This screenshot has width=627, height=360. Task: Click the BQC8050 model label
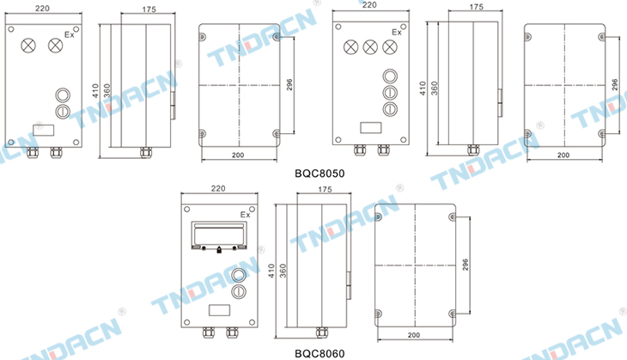coord(320,174)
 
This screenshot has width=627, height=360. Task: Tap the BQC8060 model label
coord(320,354)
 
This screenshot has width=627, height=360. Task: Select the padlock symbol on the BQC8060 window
coord(219,250)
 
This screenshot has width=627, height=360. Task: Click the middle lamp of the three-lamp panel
coord(370,47)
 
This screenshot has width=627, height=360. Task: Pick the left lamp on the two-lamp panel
coord(28,45)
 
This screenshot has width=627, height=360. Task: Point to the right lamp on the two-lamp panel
coord(56,45)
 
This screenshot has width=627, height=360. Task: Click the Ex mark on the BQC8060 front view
coord(246,215)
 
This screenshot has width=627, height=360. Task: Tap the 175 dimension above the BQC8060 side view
coord(325,189)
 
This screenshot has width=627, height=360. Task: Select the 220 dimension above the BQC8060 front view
coord(218,188)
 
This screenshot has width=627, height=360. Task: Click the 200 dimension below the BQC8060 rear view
coord(414,335)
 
